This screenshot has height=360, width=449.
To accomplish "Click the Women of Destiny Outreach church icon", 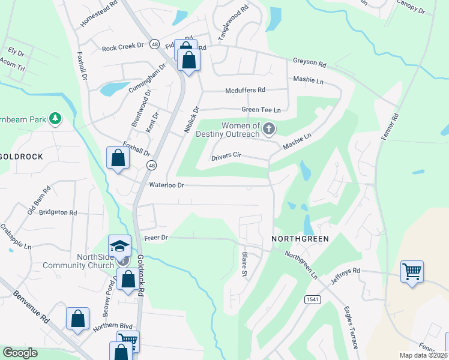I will tap(270, 128).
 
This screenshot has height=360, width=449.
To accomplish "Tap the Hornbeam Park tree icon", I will tap(56, 118).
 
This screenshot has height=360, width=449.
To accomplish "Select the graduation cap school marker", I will tap(119, 246).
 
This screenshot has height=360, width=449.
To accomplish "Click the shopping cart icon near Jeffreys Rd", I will tap(412, 272).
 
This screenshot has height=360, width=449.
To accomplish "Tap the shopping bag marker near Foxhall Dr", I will tap(118, 158).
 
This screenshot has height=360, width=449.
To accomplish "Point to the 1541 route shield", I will tap(312, 299).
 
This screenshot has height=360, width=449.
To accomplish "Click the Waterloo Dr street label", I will tap(166, 185).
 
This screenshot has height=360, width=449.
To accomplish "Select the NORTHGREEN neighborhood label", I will tap(300, 239).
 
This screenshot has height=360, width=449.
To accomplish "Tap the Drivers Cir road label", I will tap(226, 157).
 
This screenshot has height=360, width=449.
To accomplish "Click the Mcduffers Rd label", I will tap(245, 90).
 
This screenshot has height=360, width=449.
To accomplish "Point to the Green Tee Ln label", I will tap(261, 110).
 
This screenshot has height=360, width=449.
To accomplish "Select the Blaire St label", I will tap(245, 265).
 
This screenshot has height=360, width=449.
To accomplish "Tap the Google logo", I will tap(20, 353).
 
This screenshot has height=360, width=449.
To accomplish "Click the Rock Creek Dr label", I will tap(123, 47).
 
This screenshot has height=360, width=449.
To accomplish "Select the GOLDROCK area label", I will tap(19, 156).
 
